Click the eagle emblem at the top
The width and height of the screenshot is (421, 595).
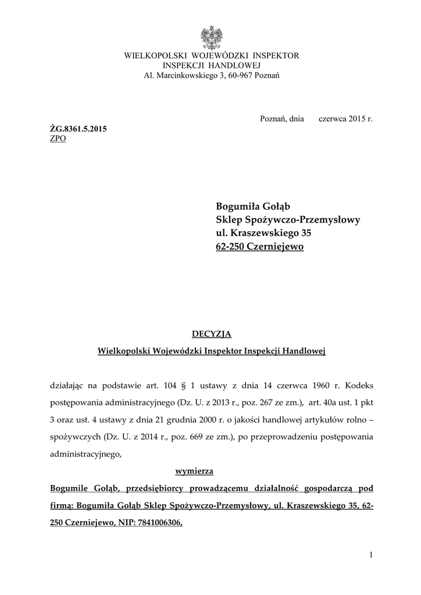pyautogui.click(x=211, y=38)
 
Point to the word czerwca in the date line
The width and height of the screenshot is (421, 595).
pyautogui.click(x=333, y=119)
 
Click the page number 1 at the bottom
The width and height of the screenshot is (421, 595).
pyautogui.click(x=370, y=555)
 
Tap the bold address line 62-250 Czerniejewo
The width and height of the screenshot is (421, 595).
pyautogui.click(x=259, y=246)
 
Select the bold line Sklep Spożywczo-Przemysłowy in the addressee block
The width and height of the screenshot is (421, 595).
pyautogui.click(x=288, y=220)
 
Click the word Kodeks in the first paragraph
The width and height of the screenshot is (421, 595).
pyautogui.click(x=358, y=385)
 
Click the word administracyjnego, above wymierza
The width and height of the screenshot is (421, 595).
pyautogui.click(x=86, y=454)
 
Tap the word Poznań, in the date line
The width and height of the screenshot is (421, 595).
pyautogui.click(x=273, y=119)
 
